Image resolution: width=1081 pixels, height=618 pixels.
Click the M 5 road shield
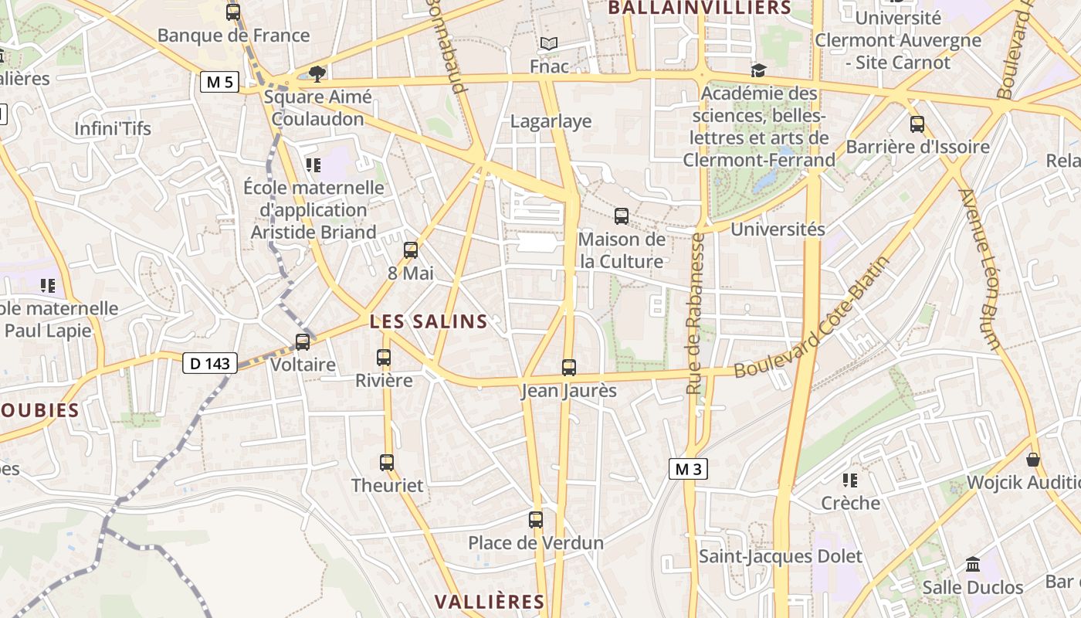219,82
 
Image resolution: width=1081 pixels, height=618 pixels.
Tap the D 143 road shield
210,363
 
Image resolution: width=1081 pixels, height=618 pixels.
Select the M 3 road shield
687,469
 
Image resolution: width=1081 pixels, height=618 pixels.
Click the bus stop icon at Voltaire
303,341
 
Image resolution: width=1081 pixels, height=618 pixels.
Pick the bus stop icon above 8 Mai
411,250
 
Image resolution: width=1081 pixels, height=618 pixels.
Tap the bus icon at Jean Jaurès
569,368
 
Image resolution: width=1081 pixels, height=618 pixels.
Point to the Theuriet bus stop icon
387,463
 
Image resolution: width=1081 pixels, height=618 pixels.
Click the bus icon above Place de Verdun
536,520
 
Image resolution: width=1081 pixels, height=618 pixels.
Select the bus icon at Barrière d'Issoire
917,124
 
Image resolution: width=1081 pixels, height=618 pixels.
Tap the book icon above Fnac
548,44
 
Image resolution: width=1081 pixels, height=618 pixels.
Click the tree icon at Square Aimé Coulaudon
317,73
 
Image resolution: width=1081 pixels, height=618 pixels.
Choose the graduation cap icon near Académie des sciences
758,71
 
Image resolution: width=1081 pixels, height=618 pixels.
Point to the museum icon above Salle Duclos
973,564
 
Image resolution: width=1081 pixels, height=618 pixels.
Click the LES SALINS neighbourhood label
429,322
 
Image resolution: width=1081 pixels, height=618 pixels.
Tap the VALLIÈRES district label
490,602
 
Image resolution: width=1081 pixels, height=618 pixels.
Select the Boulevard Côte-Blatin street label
812,317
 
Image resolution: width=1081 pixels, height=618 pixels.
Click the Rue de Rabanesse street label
695,314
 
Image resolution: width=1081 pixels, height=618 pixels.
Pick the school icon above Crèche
850,480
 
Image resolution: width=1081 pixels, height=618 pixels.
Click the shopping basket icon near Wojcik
1033,460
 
